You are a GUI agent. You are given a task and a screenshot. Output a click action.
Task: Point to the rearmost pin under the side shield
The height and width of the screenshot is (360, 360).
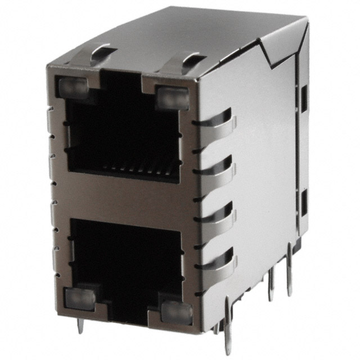pyautogui.click(x=290, y=276)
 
